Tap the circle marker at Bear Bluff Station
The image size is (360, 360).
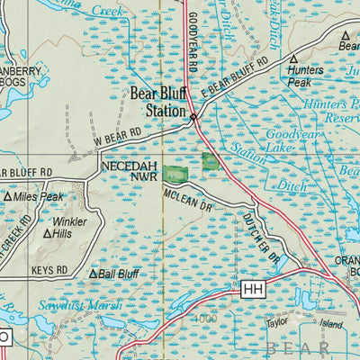click(193, 116)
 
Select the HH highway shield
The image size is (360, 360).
click(251, 289)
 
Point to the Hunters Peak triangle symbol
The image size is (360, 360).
click(292, 58)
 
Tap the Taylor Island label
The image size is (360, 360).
click(305, 322)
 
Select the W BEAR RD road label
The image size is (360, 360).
click(117, 139)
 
